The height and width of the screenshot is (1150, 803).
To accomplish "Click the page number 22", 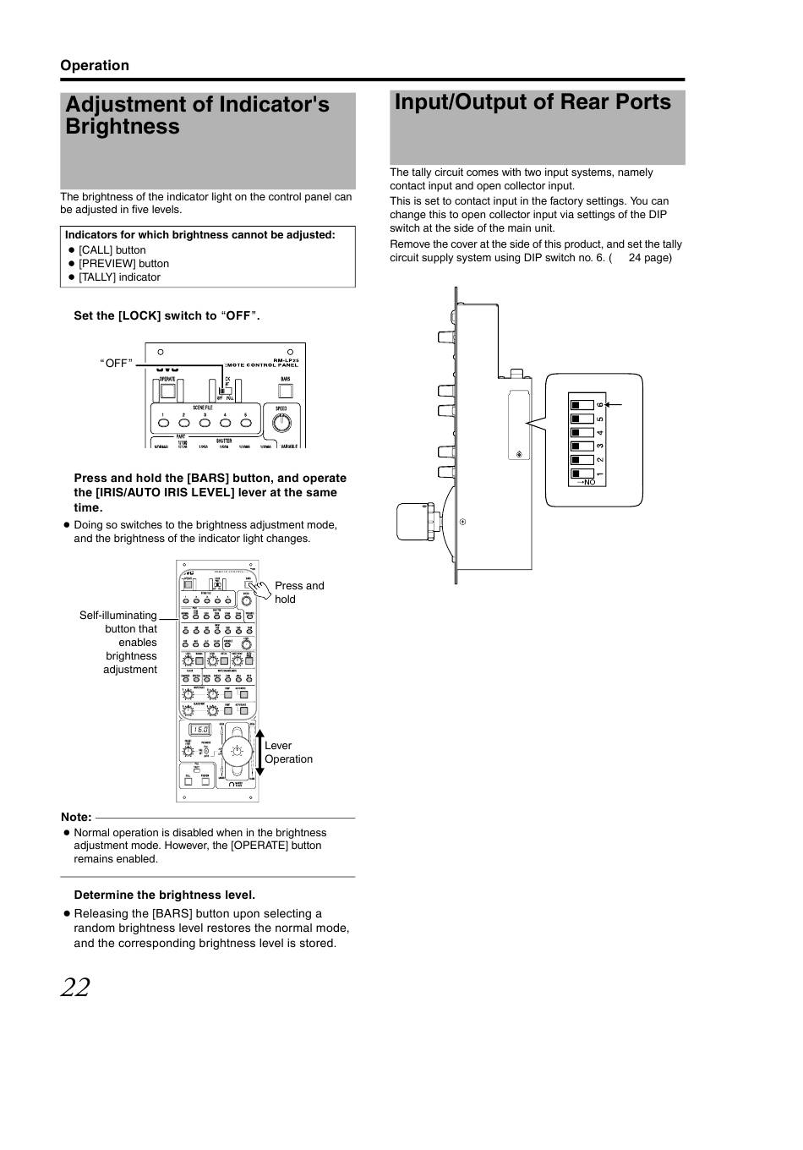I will tap(75, 987).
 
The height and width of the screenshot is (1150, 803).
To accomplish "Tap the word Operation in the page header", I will tap(94, 66).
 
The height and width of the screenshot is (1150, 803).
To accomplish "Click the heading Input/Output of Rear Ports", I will tap(533, 102).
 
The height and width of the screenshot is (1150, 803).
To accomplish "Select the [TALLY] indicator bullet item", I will tap(119, 277).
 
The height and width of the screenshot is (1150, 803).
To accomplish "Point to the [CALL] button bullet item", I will tap(112, 250).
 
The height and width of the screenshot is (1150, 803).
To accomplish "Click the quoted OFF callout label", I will tap(117, 364).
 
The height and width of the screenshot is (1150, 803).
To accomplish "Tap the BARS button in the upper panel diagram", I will tap(286, 391).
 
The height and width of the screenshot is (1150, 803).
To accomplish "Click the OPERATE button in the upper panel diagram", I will tap(167, 391).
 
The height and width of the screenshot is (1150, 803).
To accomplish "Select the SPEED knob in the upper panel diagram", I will tap(281, 421).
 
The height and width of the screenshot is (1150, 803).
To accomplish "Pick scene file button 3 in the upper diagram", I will tap(205, 422).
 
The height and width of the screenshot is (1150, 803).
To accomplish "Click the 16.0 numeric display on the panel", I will tap(199, 730).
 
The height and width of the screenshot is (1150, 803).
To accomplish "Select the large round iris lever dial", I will tap(238, 751).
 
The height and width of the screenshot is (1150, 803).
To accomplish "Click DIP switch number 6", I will tap(582, 405).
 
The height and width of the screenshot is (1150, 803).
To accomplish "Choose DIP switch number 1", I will tap(582, 474).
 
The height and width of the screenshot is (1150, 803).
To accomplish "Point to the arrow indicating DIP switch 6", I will tap(614, 405).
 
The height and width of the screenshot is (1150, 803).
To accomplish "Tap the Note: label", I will tap(76, 818).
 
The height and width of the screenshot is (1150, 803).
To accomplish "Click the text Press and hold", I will tap(298, 592).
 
